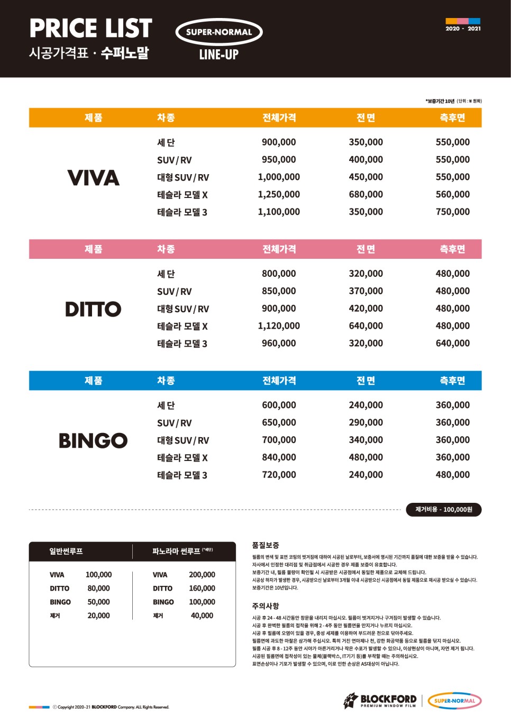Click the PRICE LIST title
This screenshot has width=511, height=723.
coord(90,28)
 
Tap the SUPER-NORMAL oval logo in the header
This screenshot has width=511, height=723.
coord(219,32)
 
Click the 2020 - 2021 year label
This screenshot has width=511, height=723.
coord(463,29)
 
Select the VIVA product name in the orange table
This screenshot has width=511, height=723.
coord(93,178)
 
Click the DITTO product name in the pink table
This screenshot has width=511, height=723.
coord(93,309)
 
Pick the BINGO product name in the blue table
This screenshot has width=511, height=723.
coord(93,440)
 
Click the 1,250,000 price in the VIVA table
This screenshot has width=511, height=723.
coord(279,194)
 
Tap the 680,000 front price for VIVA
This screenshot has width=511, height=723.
coord(366,194)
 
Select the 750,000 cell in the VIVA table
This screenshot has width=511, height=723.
coord(452,212)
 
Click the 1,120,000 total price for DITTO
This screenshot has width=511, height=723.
coord(279,326)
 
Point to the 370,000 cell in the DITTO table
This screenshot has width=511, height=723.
coord(366,291)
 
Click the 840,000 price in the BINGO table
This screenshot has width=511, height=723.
coord(279,457)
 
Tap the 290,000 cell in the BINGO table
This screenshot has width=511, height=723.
coord(366,422)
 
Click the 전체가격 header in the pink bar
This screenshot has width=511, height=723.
coord(279,249)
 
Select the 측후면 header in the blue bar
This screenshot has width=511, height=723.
coord(452,381)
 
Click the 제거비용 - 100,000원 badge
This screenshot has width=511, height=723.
coord(443,509)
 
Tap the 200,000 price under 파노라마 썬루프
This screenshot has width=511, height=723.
coord(202,575)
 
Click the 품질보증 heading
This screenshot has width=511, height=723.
coord(266,545)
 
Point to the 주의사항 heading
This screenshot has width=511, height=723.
coord(266,606)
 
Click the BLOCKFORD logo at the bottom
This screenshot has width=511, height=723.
coord(381,700)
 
